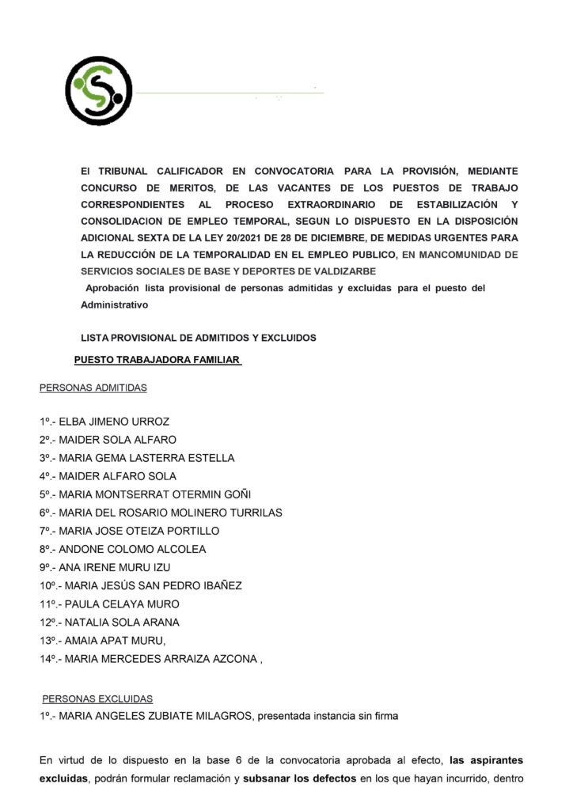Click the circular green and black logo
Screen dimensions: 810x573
99,92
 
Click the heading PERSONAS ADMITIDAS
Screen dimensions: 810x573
93,388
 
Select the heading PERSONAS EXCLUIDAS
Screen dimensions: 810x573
97,699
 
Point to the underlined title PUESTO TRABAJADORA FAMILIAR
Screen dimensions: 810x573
157,360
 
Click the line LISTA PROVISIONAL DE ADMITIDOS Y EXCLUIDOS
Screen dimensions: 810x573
199,338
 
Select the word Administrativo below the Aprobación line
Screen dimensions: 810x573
114,304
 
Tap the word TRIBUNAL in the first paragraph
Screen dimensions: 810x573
127,170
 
